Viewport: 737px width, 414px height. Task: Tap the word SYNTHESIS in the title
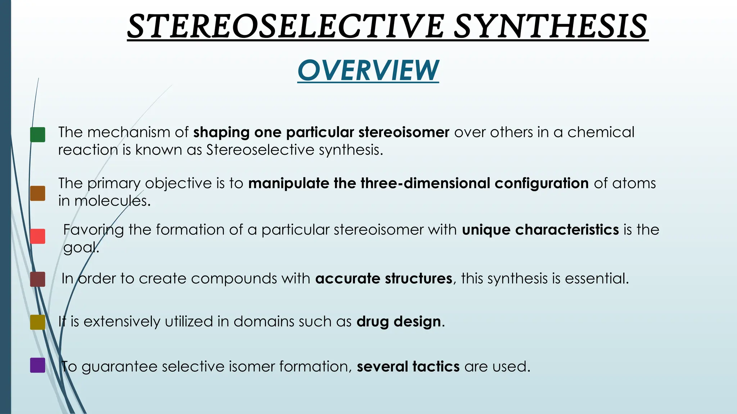point(551,26)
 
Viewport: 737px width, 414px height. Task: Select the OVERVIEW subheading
point(368,70)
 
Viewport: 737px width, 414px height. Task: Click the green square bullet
point(38,135)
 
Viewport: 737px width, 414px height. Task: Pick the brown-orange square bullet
point(38,193)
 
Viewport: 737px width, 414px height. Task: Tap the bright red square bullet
point(38,236)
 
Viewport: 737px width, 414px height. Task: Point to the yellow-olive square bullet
point(38,322)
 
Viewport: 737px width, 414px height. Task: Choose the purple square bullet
point(38,365)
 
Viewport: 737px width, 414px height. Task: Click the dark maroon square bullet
point(38,279)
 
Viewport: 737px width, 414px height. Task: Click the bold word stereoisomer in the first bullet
point(404,132)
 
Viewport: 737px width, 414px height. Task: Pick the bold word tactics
point(436,367)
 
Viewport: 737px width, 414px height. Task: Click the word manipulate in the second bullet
point(288,183)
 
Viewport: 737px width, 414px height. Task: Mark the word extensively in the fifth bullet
point(122,322)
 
